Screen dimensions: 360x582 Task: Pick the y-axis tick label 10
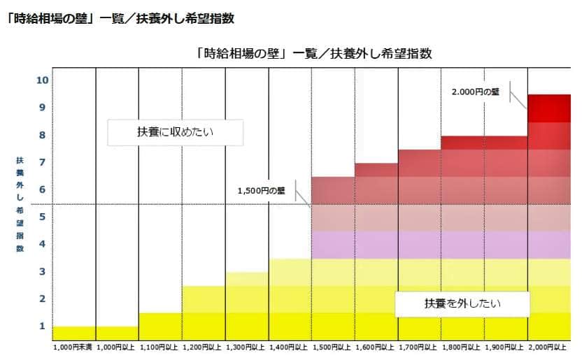coord(42,80)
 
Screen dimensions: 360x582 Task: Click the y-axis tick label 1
coord(42,326)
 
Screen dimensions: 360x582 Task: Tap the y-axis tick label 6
coord(42,189)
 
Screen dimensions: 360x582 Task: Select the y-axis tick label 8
coord(42,135)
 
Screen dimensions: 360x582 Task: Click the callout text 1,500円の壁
coord(261,190)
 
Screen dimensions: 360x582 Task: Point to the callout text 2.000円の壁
coord(476,92)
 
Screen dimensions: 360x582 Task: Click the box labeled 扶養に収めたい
coord(175,131)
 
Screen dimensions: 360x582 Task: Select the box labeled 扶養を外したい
coord(462,304)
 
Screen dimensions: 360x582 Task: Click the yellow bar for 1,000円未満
coord(73,333)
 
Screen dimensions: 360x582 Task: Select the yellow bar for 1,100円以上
coord(160,326)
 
